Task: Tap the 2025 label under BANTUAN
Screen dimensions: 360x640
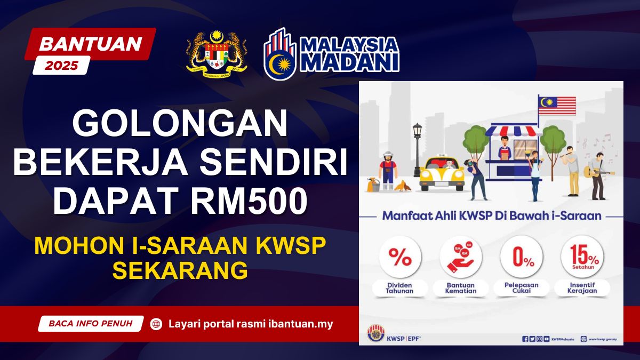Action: click(x=61, y=66)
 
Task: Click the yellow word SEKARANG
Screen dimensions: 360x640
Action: click(x=180, y=270)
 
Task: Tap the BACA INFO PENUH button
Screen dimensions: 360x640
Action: click(x=91, y=323)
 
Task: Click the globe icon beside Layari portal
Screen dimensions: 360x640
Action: click(x=156, y=324)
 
